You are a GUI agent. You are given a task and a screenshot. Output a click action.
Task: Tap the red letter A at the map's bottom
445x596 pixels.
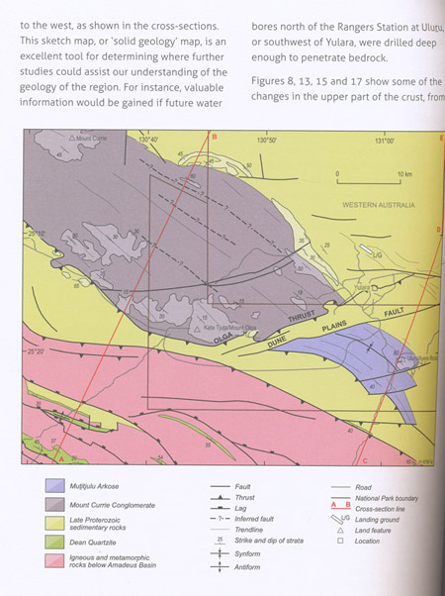coord(62,459)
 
